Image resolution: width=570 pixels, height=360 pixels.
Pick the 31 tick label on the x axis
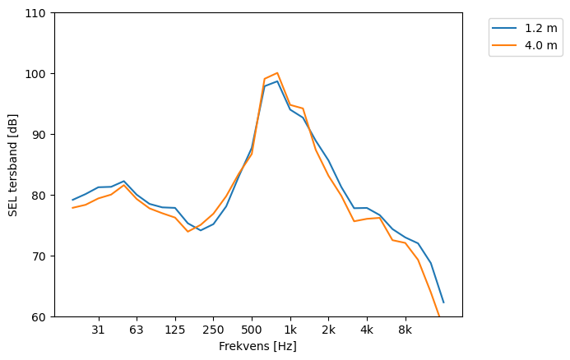click(98, 330)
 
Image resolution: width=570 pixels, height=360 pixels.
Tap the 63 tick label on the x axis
click(137, 330)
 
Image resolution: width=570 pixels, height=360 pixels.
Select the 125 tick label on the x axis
click(175, 330)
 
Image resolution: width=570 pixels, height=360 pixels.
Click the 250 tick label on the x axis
click(213, 330)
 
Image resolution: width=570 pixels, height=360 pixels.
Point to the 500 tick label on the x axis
click(252, 330)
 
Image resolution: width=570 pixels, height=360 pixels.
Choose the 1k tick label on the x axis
click(290, 330)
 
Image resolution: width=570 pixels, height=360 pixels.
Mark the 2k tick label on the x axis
click(328, 330)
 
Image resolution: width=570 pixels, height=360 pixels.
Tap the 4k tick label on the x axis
click(367, 330)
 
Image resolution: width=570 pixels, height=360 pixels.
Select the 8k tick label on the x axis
click(405, 330)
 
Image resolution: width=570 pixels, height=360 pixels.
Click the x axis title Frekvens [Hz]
click(257, 347)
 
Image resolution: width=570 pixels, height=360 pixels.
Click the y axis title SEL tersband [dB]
click(13, 165)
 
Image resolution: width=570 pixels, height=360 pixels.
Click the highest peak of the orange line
click(277, 73)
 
